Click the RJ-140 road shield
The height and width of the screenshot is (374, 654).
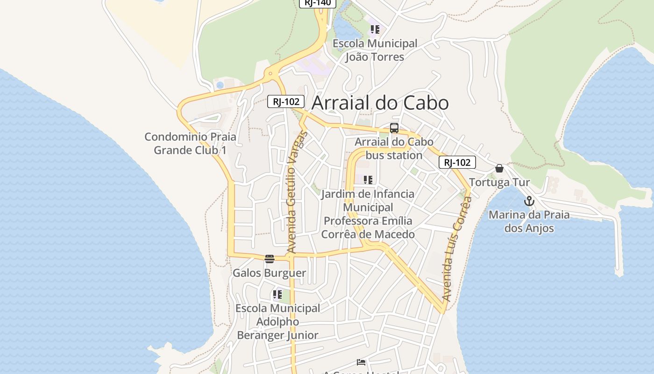pyautogui.click(x=318, y=2)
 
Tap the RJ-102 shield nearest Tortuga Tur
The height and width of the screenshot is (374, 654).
pyautogui.click(x=457, y=162)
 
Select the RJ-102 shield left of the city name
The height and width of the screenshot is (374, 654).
pyautogui.click(x=286, y=101)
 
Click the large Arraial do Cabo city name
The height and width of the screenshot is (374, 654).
pyautogui.click(x=380, y=103)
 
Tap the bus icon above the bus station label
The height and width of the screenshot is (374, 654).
pyautogui.click(x=394, y=128)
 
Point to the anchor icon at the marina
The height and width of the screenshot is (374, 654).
pyautogui.click(x=529, y=201)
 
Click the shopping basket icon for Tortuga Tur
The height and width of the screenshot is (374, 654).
pyautogui.click(x=499, y=168)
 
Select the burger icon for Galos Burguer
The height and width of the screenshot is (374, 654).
pyautogui.click(x=270, y=259)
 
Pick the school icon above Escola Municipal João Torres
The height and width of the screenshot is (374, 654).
pyautogui.click(x=375, y=30)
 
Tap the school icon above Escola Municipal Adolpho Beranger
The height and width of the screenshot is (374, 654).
pyautogui.click(x=277, y=295)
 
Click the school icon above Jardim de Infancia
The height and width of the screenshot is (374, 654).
pyautogui.click(x=368, y=180)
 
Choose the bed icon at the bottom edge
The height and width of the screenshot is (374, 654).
pyautogui.click(x=361, y=362)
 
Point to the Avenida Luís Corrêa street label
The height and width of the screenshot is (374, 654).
pyautogui.click(x=456, y=249)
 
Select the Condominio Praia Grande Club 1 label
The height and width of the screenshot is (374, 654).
pyautogui.click(x=190, y=144)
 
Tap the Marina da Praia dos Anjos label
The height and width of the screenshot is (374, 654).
pyautogui.click(x=529, y=222)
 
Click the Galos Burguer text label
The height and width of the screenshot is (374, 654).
pyautogui.click(x=270, y=273)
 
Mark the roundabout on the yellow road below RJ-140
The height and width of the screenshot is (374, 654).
pyautogui.click(x=270, y=73)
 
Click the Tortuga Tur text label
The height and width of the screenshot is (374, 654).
pyautogui.click(x=499, y=182)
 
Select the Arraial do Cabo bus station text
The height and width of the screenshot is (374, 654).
pyautogui.click(x=394, y=149)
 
